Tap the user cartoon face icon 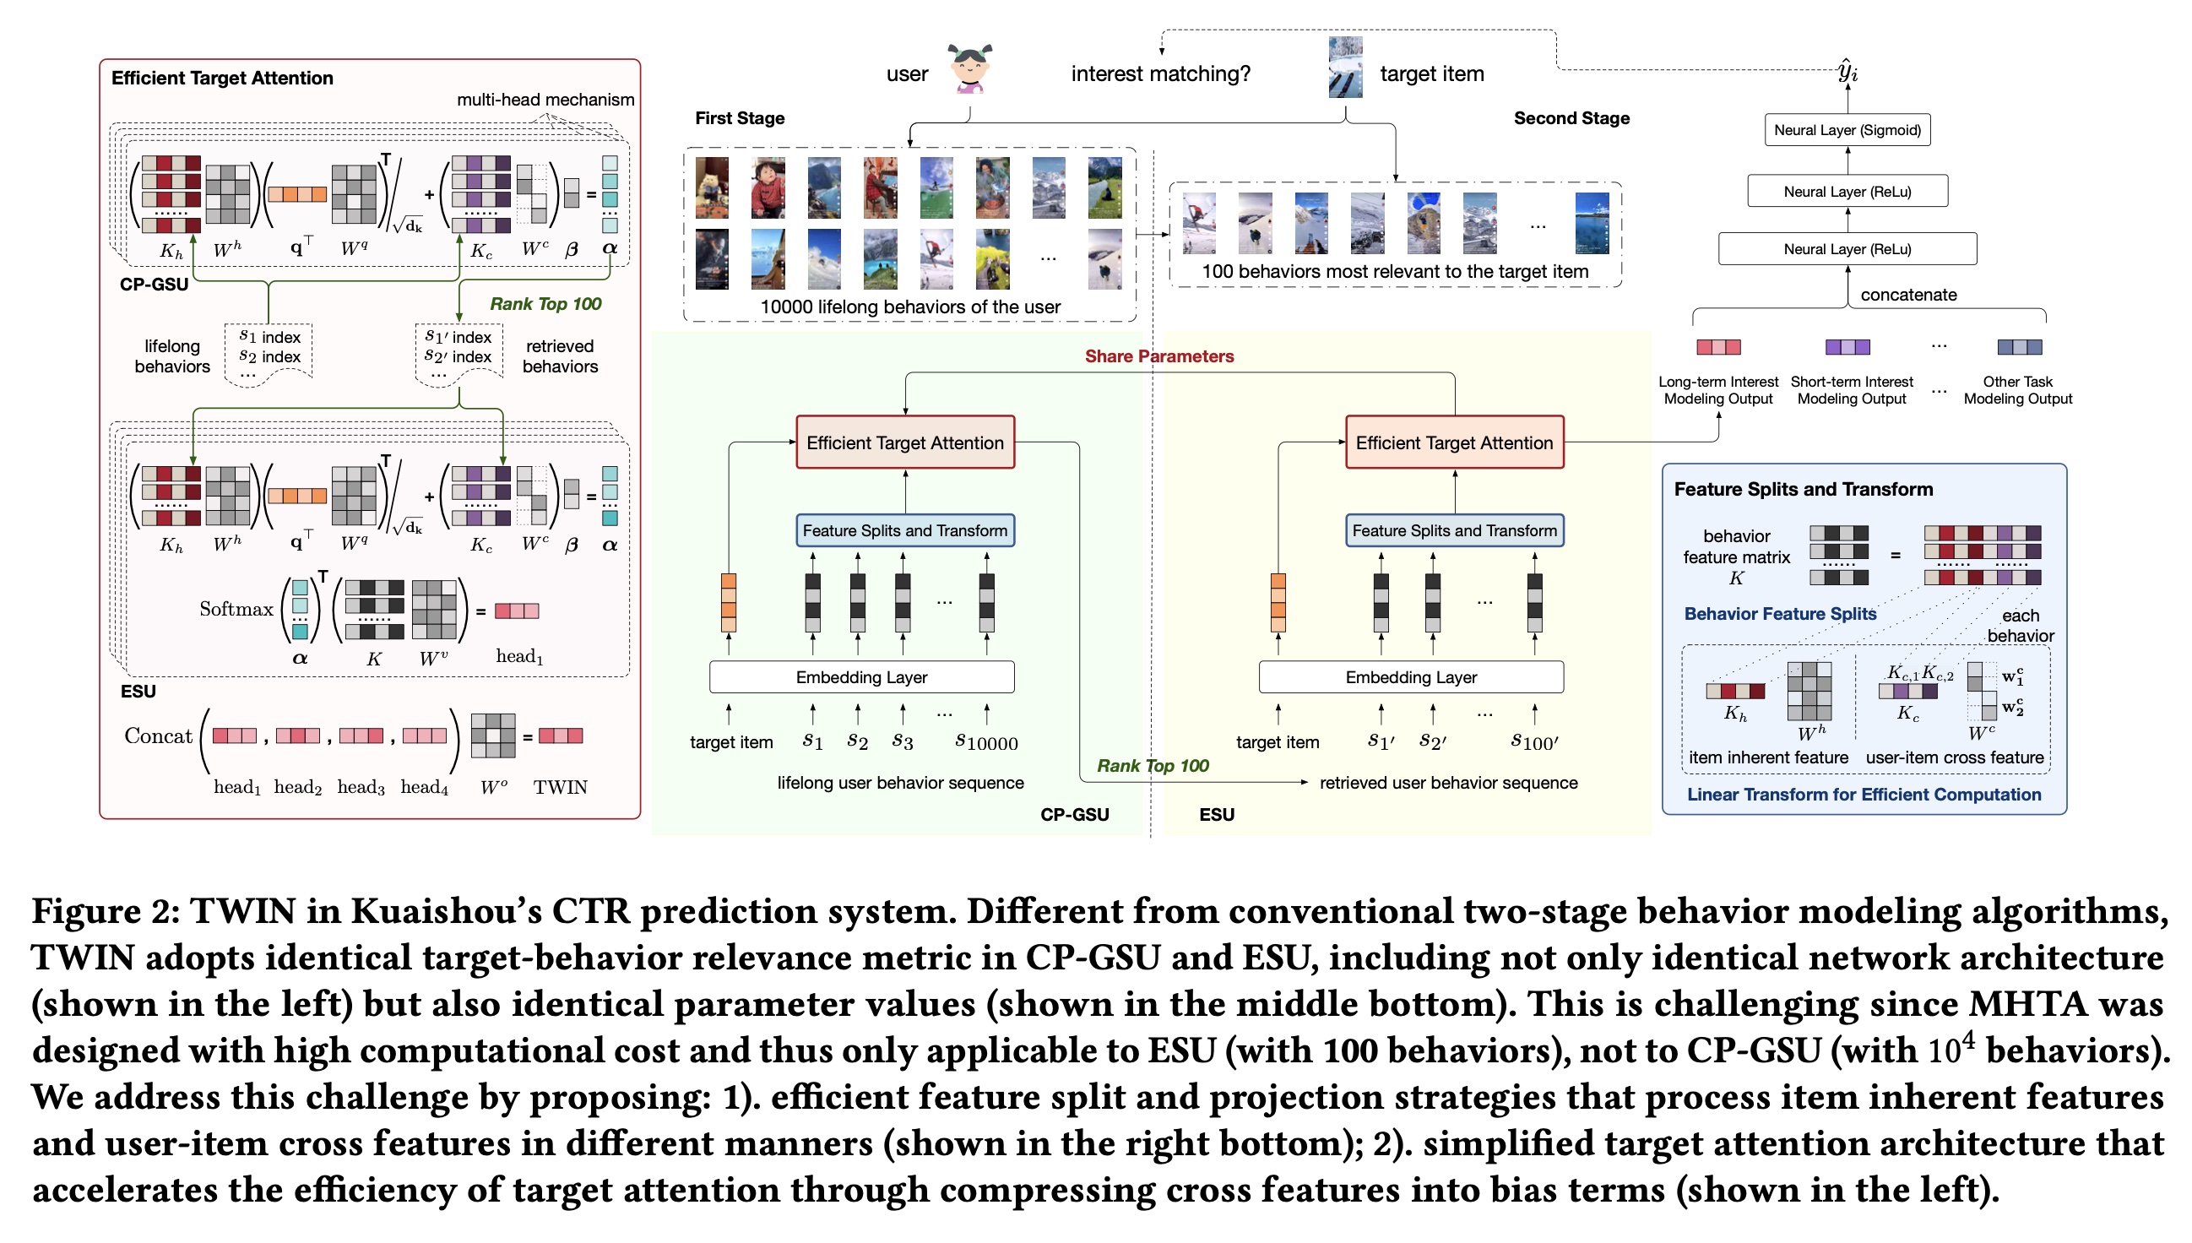click(x=969, y=68)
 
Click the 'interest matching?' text click(x=1160, y=74)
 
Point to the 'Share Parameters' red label click(x=1158, y=356)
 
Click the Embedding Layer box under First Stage click(x=860, y=677)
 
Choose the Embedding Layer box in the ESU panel click(x=1410, y=677)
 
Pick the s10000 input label click(x=986, y=743)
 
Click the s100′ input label click(x=1534, y=743)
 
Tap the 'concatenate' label click(x=1907, y=295)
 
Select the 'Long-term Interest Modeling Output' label click(x=1717, y=390)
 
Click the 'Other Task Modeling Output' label click(x=2017, y=390)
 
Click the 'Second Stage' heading click(x=1571, y=118)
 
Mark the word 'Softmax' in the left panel click(x=236, y=609)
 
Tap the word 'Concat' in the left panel click(x=158, y=735)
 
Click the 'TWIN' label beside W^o click(x=560, y=787)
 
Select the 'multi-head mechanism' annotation click(x=545, y=99)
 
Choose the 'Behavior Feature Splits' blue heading click(x=1780, y=614)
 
